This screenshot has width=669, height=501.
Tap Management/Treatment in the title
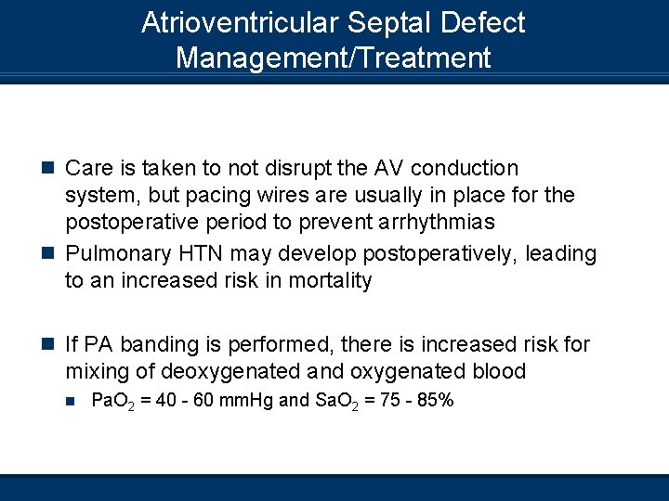click(333, 58)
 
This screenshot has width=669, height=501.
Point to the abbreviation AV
click(385, 169)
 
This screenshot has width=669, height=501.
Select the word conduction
click(465, 169)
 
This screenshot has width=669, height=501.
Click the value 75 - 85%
click(414, 401)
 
